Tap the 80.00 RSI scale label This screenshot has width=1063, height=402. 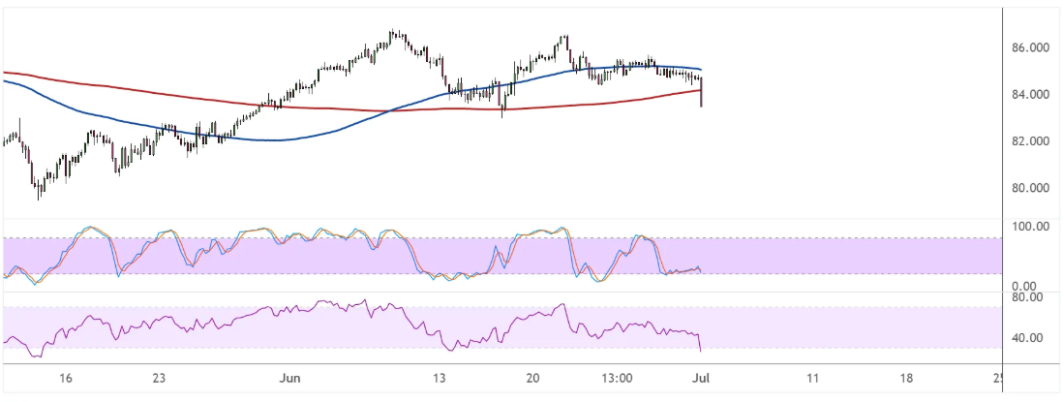(1028, 297)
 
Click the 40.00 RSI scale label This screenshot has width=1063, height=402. (1028, 338)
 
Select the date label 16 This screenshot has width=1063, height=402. (64, 378)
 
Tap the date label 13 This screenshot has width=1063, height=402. (439, 378)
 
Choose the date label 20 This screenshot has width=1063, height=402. (532, 378)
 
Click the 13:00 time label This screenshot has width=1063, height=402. (617, 378)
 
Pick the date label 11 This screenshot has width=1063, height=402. (812, 378)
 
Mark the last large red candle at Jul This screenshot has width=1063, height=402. (700, 94)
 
